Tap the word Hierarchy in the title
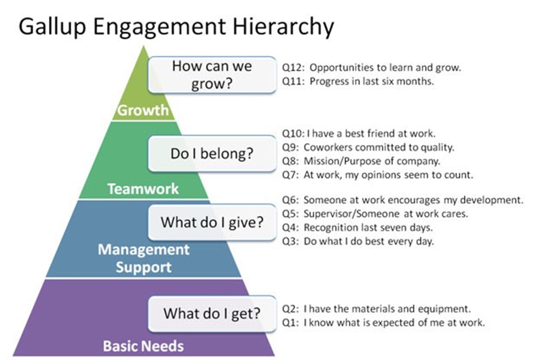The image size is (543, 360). pos(283,26)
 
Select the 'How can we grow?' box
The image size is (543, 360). pos(212,75)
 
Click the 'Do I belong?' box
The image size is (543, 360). pos(212,154)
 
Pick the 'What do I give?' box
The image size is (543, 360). pos(212,222)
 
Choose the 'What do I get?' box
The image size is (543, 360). pos(212,313)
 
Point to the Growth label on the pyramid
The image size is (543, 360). pos(143,110)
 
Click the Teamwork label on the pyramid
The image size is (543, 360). pos(143,189)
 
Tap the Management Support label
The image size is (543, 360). pos(144,258)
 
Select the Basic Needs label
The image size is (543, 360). pos(143,346)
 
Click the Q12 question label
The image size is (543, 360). pos(292,68)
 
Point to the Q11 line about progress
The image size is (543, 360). pos(358,82)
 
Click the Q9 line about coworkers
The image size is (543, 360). pos(368,147)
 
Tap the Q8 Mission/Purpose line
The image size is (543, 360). pos(361,161)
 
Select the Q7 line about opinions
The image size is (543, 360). pos(377,175)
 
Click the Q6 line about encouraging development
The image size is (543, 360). pos(402,200)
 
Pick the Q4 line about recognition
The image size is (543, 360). pos(357,228)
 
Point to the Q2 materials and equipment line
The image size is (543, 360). pos(376,309)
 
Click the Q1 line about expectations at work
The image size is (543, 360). pos(383,323)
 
